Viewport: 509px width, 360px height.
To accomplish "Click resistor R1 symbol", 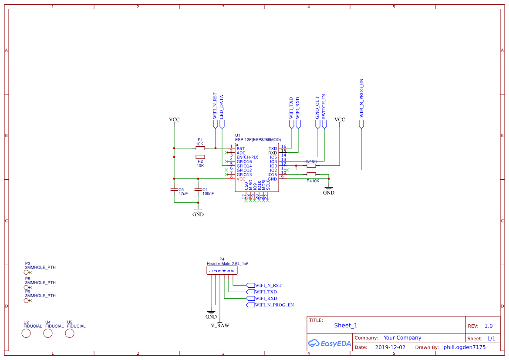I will [200, 148].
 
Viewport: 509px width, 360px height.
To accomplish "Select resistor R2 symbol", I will [200, 157].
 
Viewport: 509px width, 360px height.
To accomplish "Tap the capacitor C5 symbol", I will [174, 190].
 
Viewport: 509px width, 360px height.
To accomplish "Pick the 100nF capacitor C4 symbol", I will [198, 190].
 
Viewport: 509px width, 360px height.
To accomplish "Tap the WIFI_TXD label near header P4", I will [266, 292].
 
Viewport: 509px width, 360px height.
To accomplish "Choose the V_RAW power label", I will [220, 325].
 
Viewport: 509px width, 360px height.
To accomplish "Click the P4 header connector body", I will [222, 271].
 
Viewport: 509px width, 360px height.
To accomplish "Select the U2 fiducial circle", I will [26, 333].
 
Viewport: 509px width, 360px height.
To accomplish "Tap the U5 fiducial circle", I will [70, 333].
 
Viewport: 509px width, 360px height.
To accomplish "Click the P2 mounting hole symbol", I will [27, 272].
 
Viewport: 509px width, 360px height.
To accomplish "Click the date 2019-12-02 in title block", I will [390, 347].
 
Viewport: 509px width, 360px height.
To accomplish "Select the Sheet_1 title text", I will [346, 326].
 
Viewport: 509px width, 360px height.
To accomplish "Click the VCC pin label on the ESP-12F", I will [241, 179].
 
